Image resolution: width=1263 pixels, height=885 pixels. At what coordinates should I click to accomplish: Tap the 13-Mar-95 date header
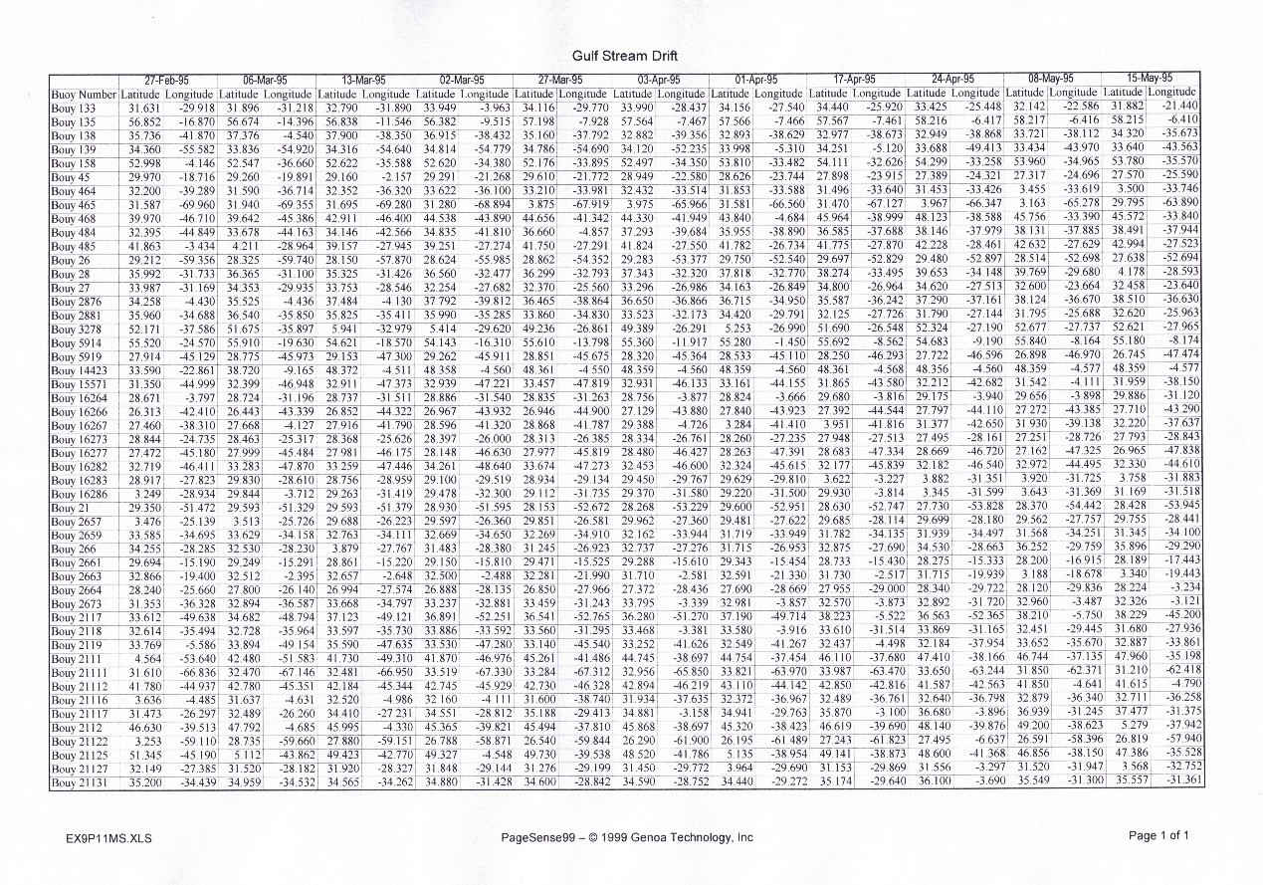tap(363, 79)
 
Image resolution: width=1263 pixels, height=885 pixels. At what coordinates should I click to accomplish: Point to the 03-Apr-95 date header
tap(658, 79)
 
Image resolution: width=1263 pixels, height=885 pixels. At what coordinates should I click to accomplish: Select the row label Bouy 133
tap(74, 109)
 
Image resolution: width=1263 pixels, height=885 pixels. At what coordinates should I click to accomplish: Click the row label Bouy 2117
tap(75, 617)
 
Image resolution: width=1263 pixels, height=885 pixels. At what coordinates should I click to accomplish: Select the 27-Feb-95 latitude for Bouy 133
tap(145, 108)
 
